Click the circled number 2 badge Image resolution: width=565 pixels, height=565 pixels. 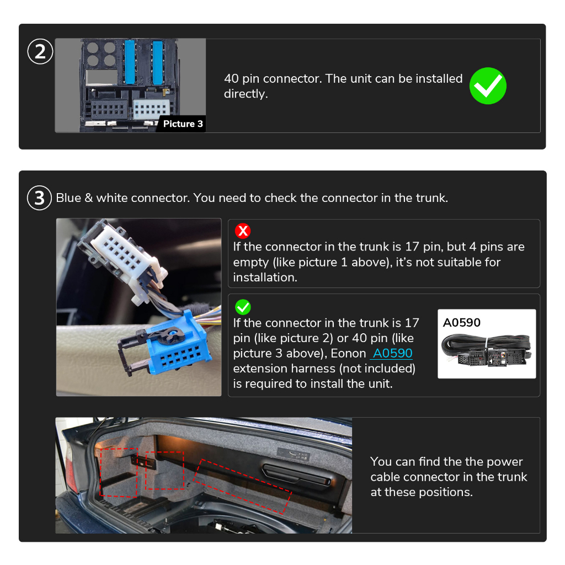pos(40,51)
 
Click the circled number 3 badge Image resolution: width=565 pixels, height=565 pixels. pos(39,198)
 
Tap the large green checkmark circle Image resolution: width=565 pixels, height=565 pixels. pos(488,86)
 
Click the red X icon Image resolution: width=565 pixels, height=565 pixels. pos(243,231)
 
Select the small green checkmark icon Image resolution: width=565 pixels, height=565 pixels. pos(243,307)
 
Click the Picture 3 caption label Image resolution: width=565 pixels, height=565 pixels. pos(183,124)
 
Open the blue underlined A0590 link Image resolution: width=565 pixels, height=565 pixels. pos(392,353)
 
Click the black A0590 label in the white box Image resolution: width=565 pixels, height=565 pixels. pos(462,322)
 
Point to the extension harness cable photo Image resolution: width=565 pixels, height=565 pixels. pos(487,350)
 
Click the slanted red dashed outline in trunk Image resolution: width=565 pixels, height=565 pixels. pos(242,487)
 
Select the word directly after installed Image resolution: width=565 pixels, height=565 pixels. pos(246,94)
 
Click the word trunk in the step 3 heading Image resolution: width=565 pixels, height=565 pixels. pos(432,198)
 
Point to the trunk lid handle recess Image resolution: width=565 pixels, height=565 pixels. pos(297,475)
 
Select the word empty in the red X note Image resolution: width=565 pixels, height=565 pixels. pos(251,262)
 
